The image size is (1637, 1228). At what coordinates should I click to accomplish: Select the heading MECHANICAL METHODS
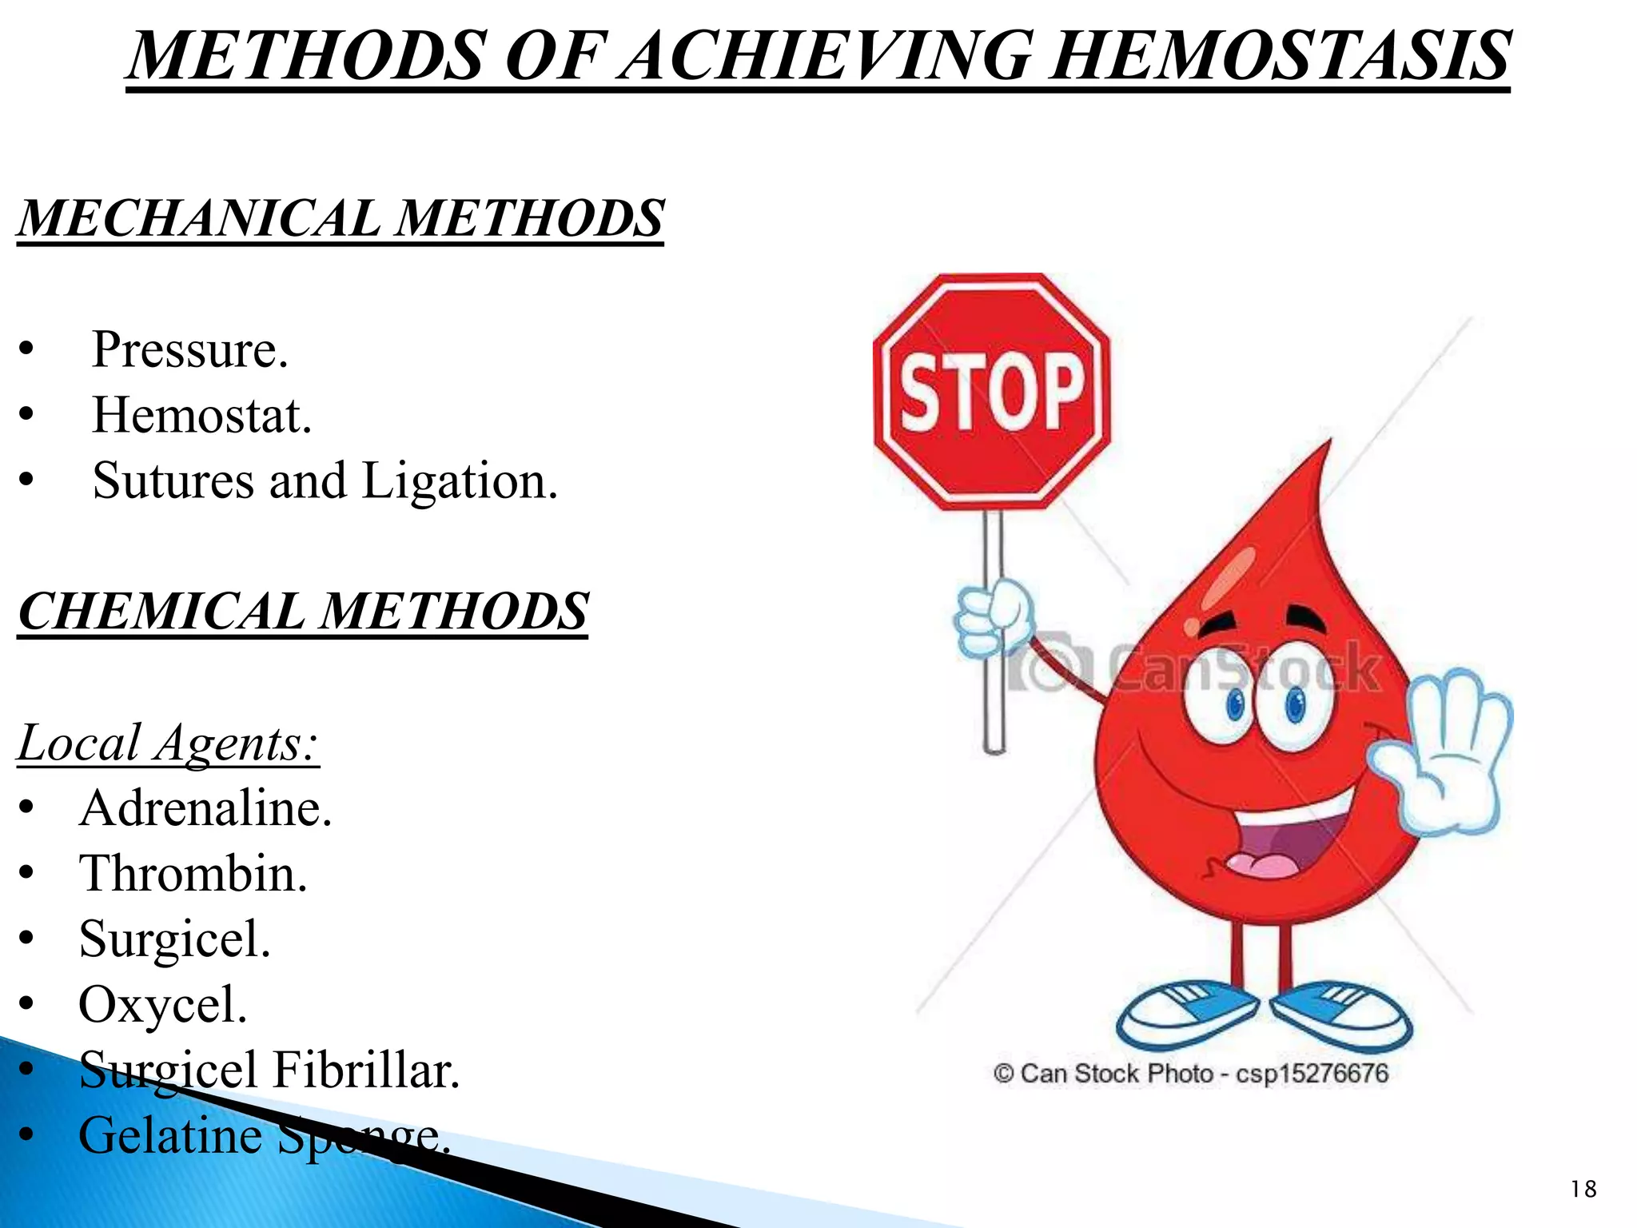(341, 218)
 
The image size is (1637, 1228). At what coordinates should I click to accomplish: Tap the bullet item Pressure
(189, 350)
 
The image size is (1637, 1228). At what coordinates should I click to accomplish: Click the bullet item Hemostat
(201, 416)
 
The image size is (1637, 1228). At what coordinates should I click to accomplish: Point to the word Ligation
(459, 481)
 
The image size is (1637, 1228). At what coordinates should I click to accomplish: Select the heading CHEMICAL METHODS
(303, 612)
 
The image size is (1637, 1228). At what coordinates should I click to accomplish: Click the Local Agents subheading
(168, 744)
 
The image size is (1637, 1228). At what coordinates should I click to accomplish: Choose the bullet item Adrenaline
(205, 808)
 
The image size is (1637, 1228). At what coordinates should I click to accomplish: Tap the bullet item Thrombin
(193, 874)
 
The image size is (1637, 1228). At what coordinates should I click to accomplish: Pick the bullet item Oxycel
(162, 1005)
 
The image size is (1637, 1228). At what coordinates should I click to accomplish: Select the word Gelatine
(169, 1136)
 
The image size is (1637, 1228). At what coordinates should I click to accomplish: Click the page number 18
(1583, 1190)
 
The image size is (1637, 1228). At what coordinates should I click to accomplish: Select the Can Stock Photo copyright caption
(1191, 1074)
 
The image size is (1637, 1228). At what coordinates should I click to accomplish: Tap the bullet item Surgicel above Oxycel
(174, 939)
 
